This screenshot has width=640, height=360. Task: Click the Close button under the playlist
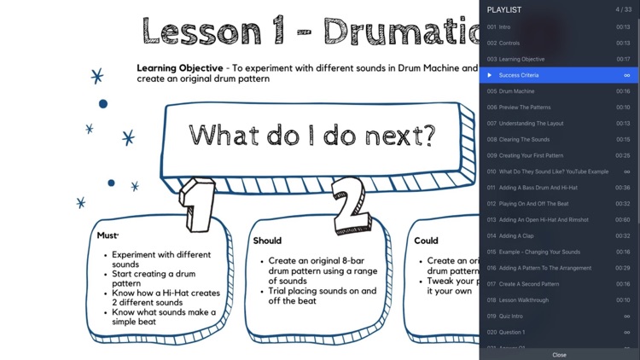click(x=559, y=354)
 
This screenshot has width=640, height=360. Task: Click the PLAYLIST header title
click(x=504, y=9)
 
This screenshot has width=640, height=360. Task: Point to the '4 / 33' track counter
click(x=623, y=9)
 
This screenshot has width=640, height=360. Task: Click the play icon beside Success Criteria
click(x=490, y=75)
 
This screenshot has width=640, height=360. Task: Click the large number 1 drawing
click(x=198, y=204)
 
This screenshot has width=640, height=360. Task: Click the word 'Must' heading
click(x=108, y=235)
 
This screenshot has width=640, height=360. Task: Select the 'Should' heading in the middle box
click(x=267, y=241)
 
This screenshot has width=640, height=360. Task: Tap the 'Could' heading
click(x=426, y=241)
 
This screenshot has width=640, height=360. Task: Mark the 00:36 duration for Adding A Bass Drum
click(x=623, y=188)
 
